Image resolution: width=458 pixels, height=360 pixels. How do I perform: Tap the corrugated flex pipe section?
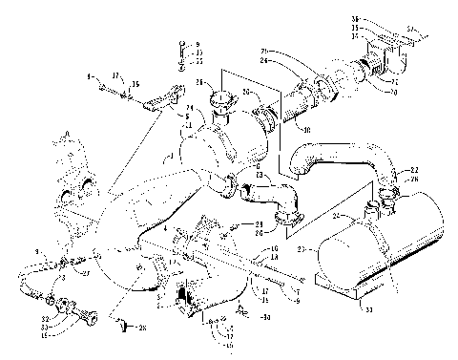coord(305,101)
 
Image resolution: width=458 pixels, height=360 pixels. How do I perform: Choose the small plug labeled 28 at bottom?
coord(125,328)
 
